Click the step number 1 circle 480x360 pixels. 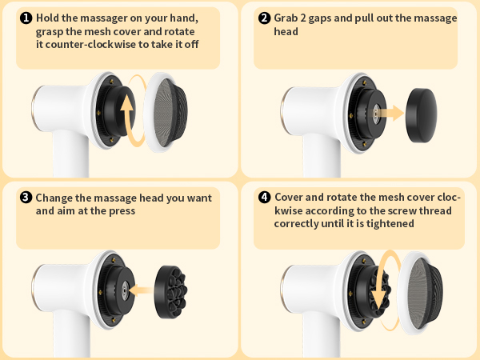click(x=25, y=18)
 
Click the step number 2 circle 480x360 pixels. click(x=265, y=18)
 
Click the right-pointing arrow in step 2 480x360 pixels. click(x=390, y=114)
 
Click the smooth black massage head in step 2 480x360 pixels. click(x=430, y=114)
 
